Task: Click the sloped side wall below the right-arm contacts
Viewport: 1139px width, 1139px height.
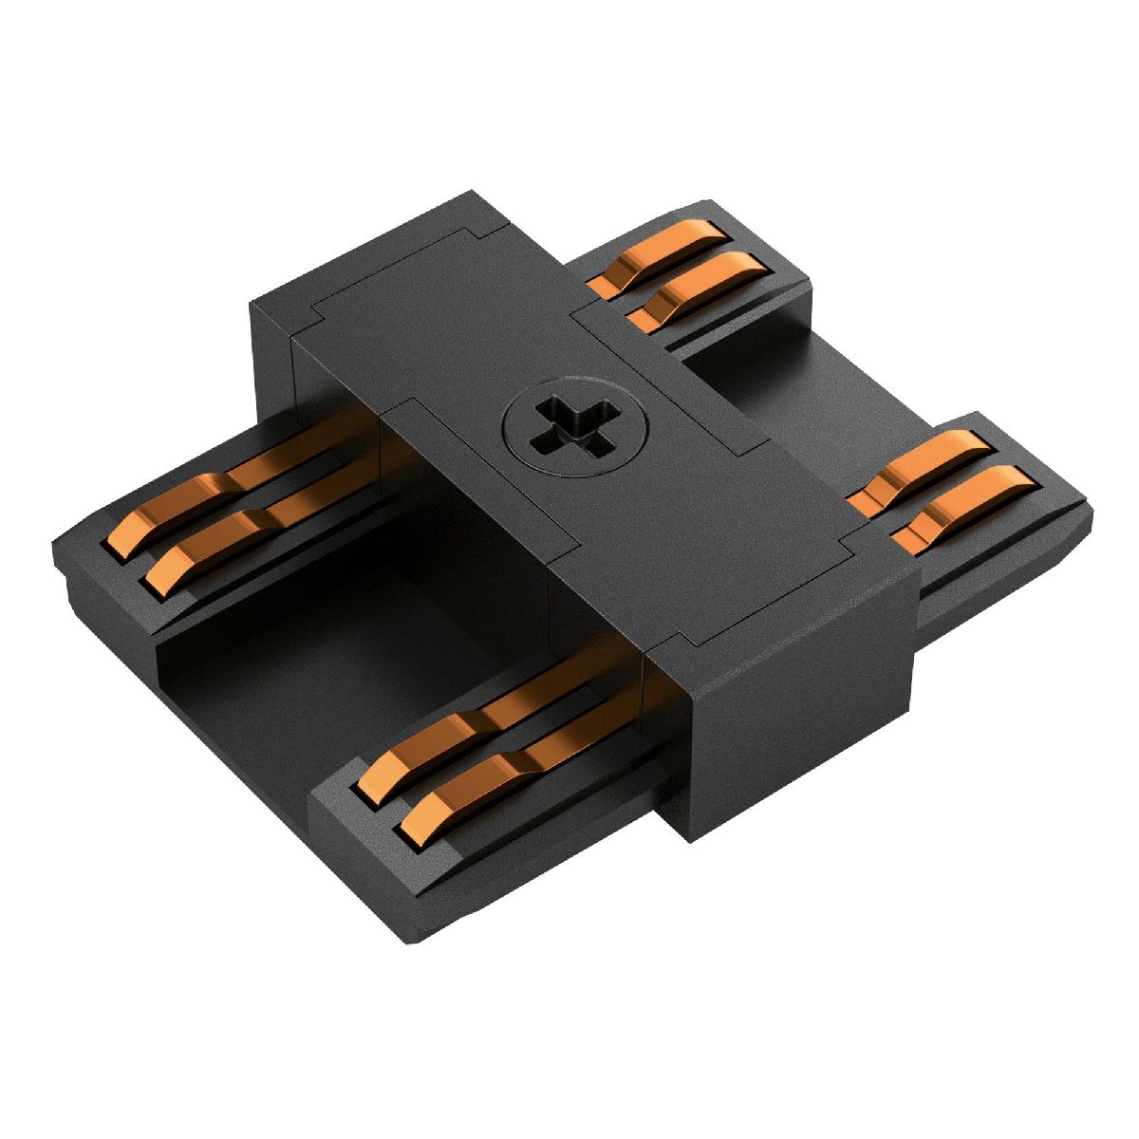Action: (x=997, y=579)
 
